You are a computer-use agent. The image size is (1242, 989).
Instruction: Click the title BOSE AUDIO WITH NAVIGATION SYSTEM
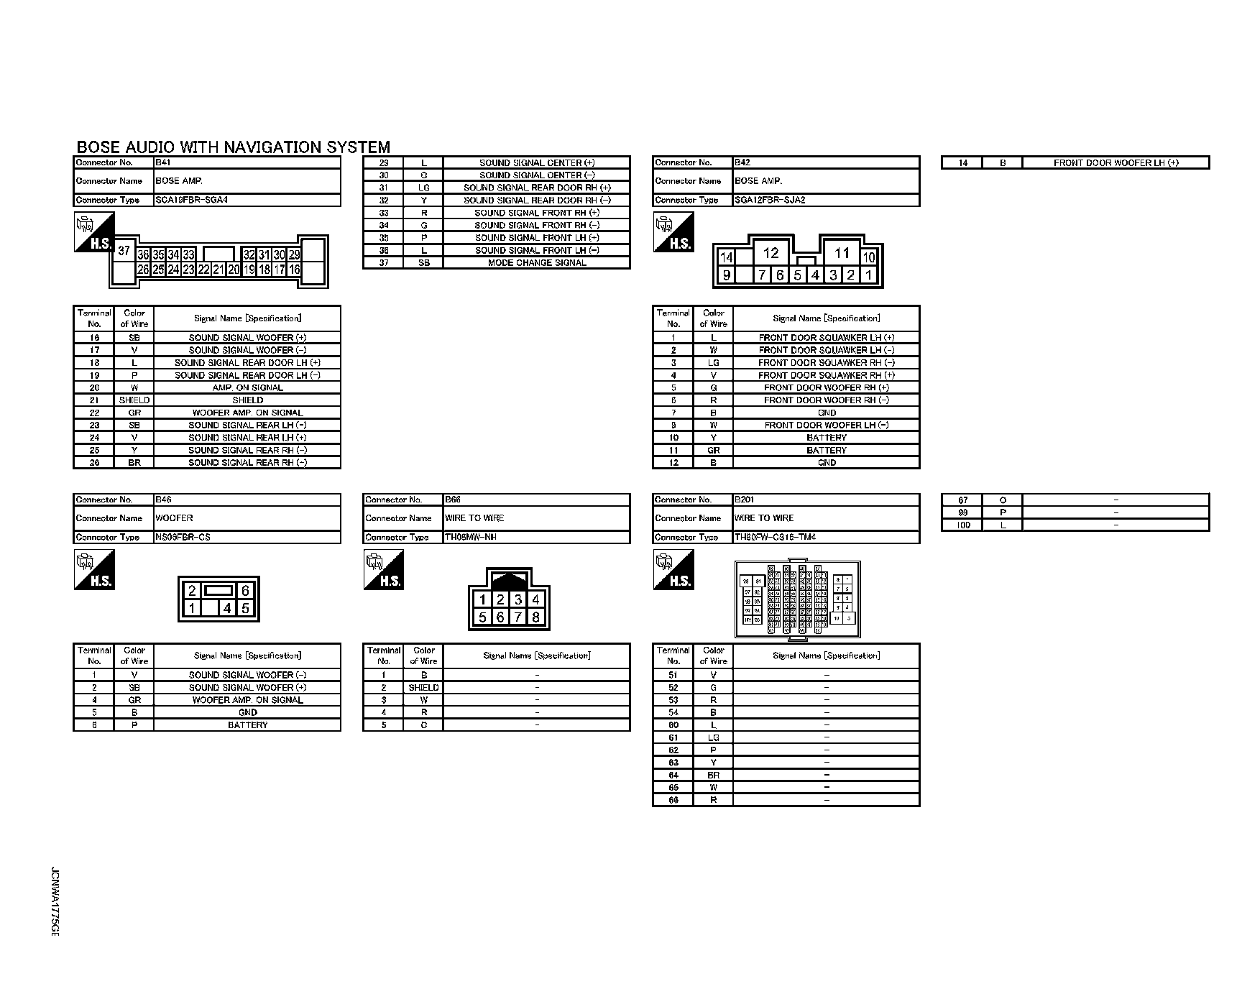click(233, 147)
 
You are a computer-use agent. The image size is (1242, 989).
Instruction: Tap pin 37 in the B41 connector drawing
click(124, 251)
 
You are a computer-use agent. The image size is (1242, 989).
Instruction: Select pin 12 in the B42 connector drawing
click(770, 253)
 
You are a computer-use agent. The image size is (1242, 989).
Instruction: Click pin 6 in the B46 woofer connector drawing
click(245, 591)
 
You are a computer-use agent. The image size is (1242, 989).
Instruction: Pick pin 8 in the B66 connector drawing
click(535, 617)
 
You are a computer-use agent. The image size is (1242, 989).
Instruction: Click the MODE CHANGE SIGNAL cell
click(536, 263)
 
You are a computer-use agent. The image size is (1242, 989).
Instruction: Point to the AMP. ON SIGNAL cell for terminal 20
click(247, 387)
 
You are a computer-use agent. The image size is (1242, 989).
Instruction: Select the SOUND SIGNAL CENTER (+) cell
click(536, 163)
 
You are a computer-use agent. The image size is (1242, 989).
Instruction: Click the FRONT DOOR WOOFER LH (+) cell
click(1115, 163)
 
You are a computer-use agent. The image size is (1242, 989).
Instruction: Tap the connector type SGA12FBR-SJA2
click(769, 200)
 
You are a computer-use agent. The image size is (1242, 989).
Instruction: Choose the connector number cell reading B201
click(744, 500)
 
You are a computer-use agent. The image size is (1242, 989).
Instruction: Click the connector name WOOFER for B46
click(174, 518)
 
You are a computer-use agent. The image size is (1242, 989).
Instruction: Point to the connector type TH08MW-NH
click(470, 537)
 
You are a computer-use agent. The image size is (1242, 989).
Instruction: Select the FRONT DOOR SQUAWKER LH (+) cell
click(826, 338)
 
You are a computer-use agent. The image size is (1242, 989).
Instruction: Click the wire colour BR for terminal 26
click(134, 463)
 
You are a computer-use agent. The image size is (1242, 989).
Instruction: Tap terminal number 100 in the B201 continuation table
click(962, 525)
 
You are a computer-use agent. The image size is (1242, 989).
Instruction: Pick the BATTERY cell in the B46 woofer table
click(247, 725)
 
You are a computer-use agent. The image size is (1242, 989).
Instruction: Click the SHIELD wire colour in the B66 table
click(423, 688)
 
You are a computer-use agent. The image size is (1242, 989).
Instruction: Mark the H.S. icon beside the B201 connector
click(674, 570)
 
